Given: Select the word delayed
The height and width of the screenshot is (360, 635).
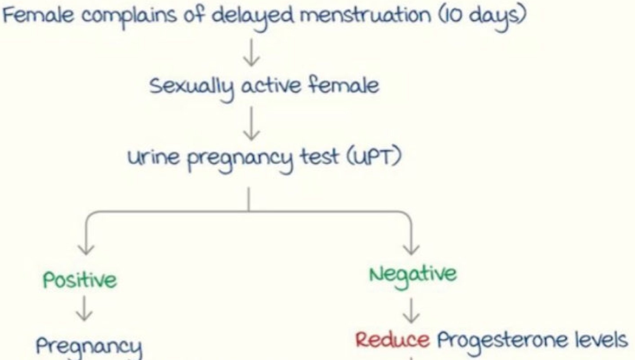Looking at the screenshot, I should (x=252, y=17).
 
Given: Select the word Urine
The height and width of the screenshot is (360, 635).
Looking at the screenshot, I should (x=153, y=157).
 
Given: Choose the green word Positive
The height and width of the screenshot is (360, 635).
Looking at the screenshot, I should (x=80, y=280).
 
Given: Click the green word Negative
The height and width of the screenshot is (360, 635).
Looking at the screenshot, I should (x=413, y=275).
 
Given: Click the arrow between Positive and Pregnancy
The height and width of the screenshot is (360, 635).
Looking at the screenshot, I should (x=84, y=309).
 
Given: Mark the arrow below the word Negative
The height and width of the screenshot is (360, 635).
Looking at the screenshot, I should (x=411, y=311).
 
